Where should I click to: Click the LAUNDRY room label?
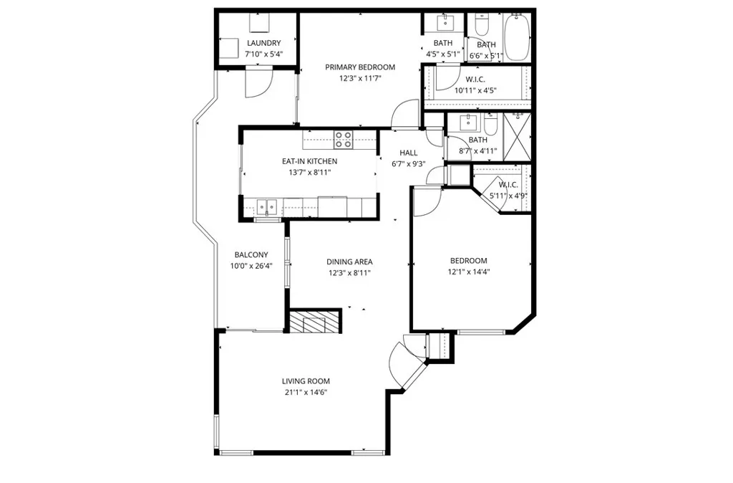[x=263, y=43]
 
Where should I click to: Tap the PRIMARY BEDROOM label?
[x=360, y=67]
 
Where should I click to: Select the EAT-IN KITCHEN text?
[x=309, y=161]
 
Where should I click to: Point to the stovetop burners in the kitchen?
[x=343, y=140]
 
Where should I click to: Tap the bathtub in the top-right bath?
[x=517, y=37]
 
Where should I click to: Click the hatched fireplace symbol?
[x=314, y=321]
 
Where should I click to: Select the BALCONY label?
[x=251, y=255]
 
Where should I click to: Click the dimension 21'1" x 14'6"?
[x=306, y=393]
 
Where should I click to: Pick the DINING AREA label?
[x=349, y=262]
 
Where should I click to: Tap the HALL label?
[x=409, y=153]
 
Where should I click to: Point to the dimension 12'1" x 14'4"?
[x=469, y=272]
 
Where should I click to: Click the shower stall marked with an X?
[x=517, y=137]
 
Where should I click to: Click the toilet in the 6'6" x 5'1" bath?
[x=482, y=24]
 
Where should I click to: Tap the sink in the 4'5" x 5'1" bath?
[x=445, y=21]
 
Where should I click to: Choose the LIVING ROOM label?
[x=306, y=381]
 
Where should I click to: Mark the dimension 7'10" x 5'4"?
[x=264, y=54]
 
